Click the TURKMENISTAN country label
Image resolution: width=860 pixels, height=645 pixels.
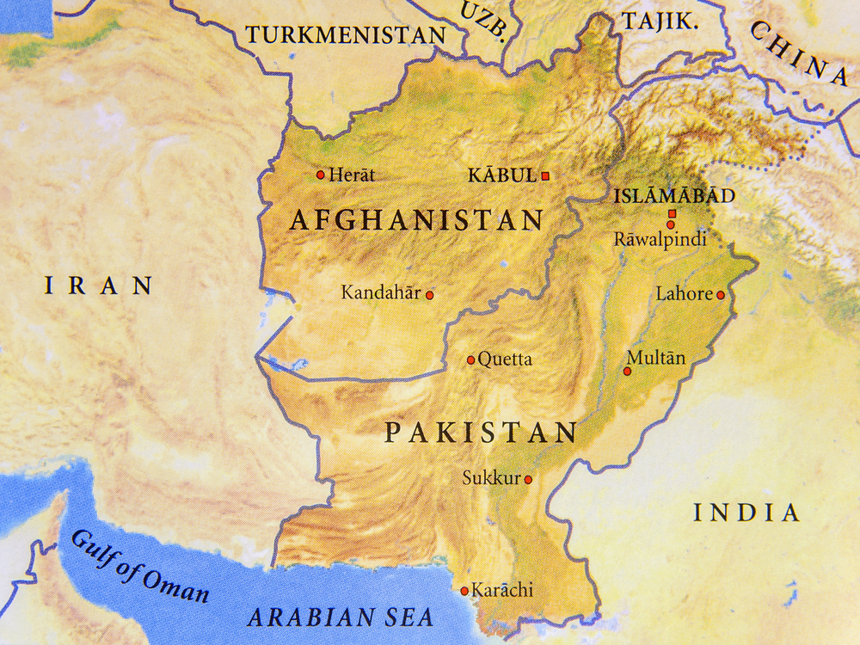pos(346,35)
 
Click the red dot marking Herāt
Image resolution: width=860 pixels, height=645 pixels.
pos(321,175)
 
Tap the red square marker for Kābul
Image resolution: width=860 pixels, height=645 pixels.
pos(544,175)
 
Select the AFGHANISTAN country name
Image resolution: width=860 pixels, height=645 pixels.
pos(416,220)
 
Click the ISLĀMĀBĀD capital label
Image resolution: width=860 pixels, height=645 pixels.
pos(673,196)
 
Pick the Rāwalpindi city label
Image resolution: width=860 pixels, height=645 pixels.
pos(660,240)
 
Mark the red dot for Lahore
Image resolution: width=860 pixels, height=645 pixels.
pos(721,295)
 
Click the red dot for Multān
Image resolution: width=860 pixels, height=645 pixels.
pos(627,372)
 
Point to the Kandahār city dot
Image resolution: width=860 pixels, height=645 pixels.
pos(429,295)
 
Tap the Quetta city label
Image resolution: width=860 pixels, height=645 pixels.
pos(505,359)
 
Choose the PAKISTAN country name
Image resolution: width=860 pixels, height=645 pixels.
pos(480,433)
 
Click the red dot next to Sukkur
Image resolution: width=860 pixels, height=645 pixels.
pos(528,480)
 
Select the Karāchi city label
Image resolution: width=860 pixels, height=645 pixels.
pos(503,590)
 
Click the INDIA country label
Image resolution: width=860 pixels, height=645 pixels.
pos(746,513)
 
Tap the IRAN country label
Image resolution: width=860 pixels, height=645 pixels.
pos(99,286)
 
